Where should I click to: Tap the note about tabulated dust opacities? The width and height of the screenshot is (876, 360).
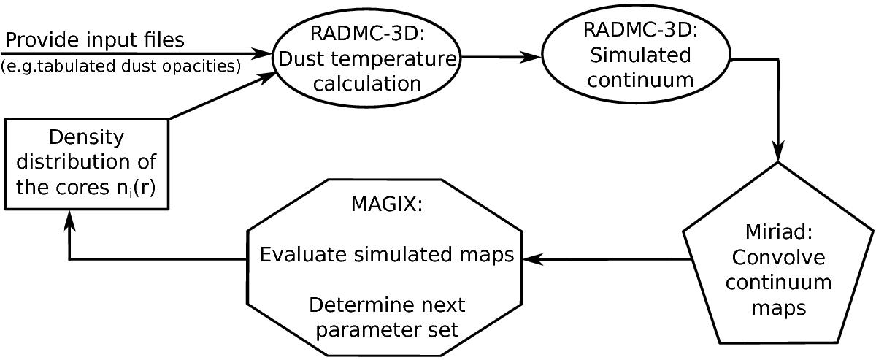[120, 67]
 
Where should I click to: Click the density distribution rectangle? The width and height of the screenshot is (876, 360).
[88, 164]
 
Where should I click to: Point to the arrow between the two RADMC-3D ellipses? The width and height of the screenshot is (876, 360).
[502, 55]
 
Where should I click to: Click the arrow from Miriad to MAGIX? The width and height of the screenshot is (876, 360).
[606, 258]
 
